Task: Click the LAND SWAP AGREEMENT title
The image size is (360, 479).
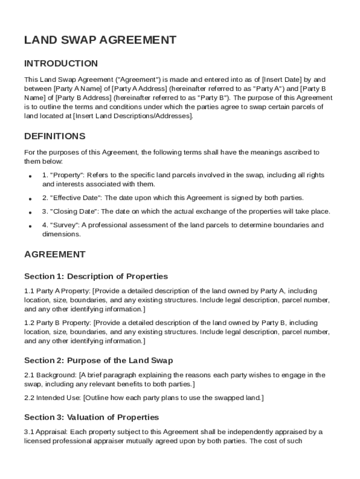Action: pyautogui.click(x=100, y=40)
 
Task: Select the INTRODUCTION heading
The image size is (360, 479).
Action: pyautogui.click(x=61, y=64)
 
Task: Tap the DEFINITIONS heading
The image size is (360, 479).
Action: pyautogui.click(x=55, y=137)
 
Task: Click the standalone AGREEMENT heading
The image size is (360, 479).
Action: pyautogui.click(x=55, y=254)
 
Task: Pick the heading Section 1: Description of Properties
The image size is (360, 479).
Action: pyautogui.click(x=96, y=276)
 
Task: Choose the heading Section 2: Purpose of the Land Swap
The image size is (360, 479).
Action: pyautogui.click(x=99, y=361)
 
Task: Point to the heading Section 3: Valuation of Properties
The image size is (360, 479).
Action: pyautogui.click(x=92, y=417)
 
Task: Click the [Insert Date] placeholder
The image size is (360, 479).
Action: pyautogui.click(x=282, y=80)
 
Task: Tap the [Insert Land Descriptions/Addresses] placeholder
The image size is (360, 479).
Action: pyautogui.click(x=133, y=116)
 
